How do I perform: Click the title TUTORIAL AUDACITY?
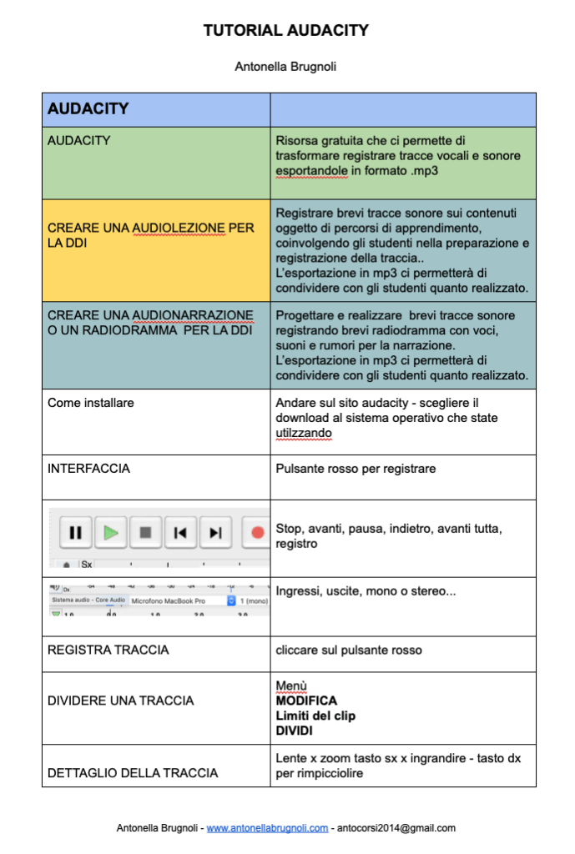click(x=286, y=31)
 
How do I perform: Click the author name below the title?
click(x=286, y=67)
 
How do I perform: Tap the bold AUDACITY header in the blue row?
click(x=88, y=109)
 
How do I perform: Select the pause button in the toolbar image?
click(x=76, y=532)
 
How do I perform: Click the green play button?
click(x=111, y=532)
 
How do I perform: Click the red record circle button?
click(x=257, y=532)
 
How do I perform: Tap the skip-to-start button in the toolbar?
click(x=180, y=532)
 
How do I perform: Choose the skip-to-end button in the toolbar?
click(x=215, y=532)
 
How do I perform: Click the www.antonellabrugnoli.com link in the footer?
click(x=267, y=828)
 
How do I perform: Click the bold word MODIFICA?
click(x=306, y=701)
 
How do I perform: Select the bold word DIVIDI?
click(x=295, y=730)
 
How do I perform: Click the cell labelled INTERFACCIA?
click(x=88, y=469)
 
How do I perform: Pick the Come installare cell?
click(x=90, y=403)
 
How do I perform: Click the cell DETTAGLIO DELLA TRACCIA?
click(x=133, y=773)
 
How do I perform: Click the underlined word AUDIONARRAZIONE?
click(x=192, y=315)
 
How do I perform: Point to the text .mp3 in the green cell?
click(x=421, y=170)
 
